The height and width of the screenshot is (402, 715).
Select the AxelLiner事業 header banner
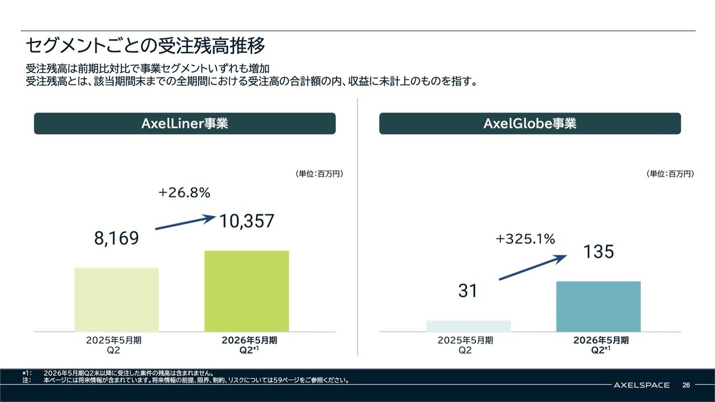pos(185,123)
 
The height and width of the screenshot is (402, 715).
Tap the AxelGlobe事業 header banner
pos(530,123)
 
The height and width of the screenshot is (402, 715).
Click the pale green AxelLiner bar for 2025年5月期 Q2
pos(116,300)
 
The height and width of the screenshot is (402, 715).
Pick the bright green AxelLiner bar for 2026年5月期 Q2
pos(246,291)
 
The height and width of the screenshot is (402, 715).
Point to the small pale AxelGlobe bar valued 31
pos(468,326)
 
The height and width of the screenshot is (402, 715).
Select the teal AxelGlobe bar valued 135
pos(598,307)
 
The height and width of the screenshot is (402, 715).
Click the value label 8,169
pos(116,239)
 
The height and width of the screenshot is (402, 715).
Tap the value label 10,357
pos(246,221)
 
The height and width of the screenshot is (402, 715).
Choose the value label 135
pos(598,252)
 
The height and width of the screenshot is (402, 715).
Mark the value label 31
pos(468,291)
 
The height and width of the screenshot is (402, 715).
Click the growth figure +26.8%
pos(184,193)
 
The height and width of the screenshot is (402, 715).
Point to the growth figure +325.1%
pos(525,240)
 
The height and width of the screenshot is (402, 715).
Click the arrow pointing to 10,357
pos(185,222)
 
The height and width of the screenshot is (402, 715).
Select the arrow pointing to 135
pos(533,267)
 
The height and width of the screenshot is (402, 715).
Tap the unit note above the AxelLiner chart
pos(318,174)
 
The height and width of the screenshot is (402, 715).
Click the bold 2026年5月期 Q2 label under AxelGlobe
pos(600,345)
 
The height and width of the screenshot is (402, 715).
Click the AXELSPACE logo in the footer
pos(641,385)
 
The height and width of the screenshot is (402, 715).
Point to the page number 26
pos(686,385)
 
